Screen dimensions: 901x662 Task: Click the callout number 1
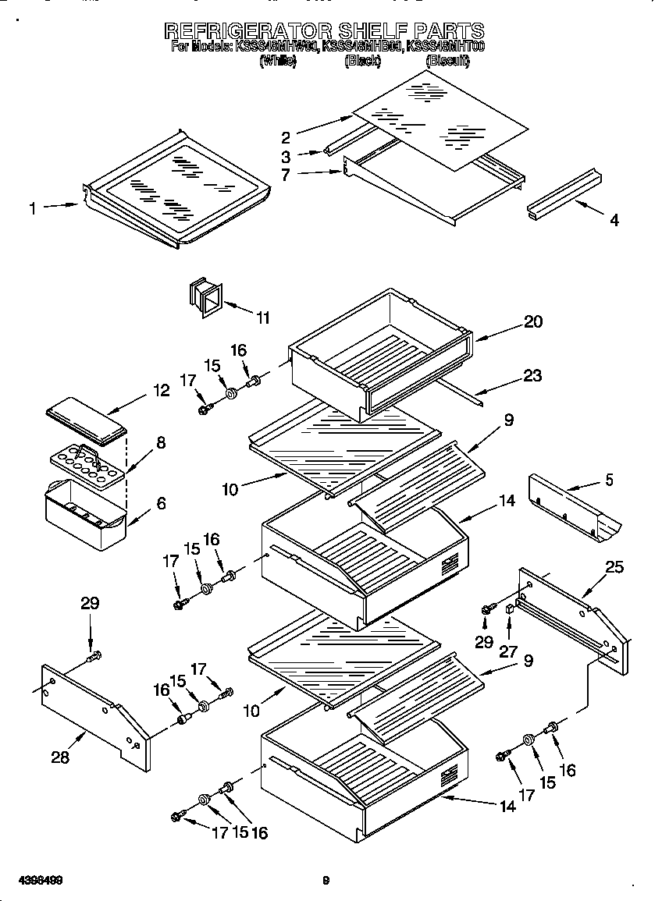tap(33, 208)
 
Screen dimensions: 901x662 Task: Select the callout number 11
tap(263, 317)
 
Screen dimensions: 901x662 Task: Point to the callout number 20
tap(533, 321)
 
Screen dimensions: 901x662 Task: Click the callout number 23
tap(532, 375)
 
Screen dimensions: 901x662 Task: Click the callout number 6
tap(161, 504)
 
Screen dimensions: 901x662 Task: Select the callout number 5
tap(608, 480)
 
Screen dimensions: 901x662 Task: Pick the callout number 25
tap(614, 567)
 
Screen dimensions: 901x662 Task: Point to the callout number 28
tap(60, 757)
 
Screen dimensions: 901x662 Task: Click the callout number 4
tap(614, 221)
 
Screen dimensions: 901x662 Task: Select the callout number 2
tap(286, 137)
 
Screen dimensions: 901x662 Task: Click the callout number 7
tap(286, 175)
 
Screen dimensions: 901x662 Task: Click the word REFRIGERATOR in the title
tap(247, 31)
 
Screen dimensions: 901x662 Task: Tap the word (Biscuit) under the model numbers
tap(447, 61)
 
